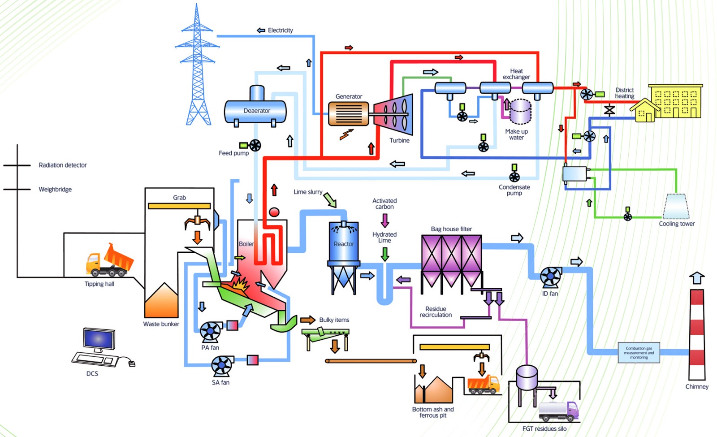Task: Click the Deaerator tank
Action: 255,111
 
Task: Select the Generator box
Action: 348,113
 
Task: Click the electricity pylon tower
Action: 197,67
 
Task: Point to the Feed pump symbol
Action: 255,145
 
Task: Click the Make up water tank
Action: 520,112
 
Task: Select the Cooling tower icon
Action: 676,206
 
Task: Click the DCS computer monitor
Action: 99,340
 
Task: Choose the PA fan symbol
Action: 210,332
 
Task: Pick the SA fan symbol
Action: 222,366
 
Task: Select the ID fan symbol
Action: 550,277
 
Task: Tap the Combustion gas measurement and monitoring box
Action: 639,353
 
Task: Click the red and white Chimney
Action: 696,334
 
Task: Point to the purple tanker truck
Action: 558,410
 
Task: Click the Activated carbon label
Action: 384,203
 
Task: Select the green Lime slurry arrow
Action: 330,199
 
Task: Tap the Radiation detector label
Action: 63,165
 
